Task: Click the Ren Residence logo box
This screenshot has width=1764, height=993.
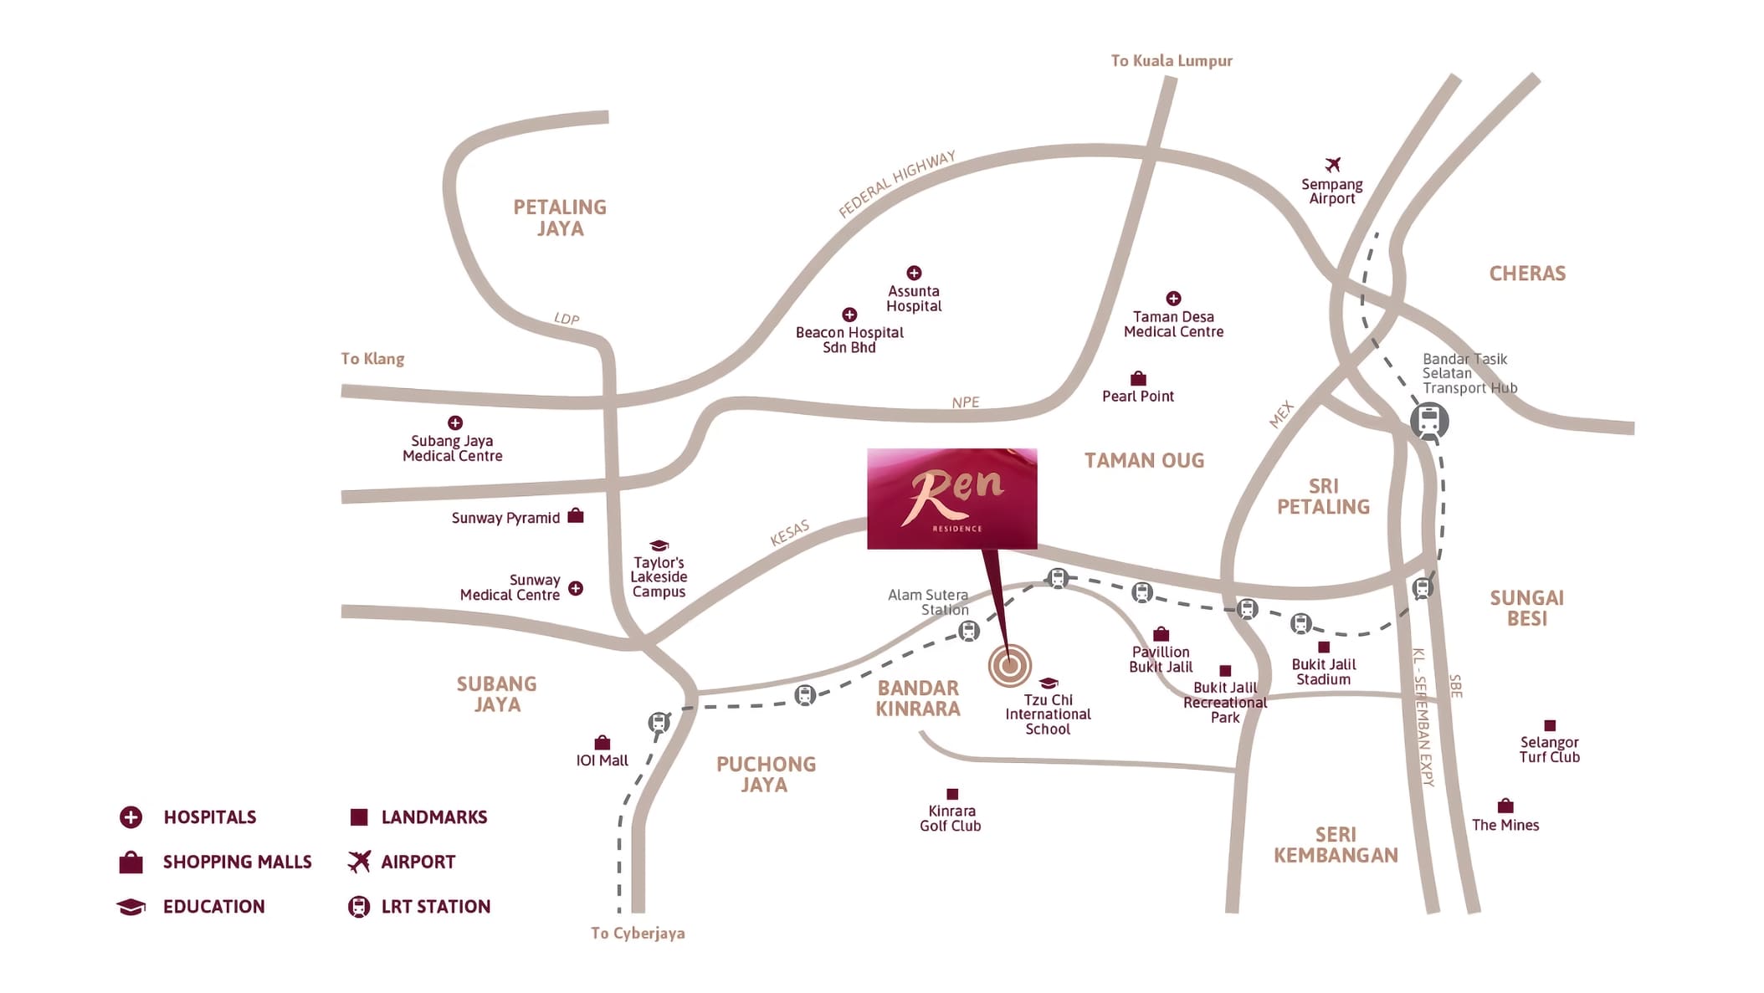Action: tap(951, 499)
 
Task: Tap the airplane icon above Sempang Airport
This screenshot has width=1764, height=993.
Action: tap(1332, 164)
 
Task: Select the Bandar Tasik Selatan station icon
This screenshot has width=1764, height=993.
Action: tap(1429, 420)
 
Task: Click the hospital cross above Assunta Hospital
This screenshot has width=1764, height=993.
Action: tap(914, 273)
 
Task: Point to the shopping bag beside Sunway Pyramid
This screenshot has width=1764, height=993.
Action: tap(576, 515)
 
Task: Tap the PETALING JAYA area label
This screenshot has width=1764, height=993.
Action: tap(560, 218)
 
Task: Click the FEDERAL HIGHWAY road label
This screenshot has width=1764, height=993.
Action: tap(896, 184)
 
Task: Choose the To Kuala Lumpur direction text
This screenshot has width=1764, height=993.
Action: tap(1171, 60)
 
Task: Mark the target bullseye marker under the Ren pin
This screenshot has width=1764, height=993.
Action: tap(1009, 666)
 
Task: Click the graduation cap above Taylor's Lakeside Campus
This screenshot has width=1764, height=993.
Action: tap(659, 545)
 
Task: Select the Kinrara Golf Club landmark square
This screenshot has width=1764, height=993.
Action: tap(951, 794)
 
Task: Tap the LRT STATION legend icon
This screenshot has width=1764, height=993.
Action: tap(359, 906)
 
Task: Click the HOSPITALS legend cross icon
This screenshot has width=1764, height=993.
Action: tap(131, 816)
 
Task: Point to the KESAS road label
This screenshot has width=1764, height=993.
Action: tap(789, 533)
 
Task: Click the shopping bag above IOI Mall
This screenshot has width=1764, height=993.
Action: tap(602, 743)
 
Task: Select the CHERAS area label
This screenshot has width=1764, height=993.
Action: tap(1527, 274)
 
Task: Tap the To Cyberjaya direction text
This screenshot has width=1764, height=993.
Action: tap(638, 933)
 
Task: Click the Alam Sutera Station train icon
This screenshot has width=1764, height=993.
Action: tap(969, 631)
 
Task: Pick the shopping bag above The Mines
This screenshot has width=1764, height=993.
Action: tap(1505, 806)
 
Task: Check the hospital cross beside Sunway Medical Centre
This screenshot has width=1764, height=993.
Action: tap(576, 588)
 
